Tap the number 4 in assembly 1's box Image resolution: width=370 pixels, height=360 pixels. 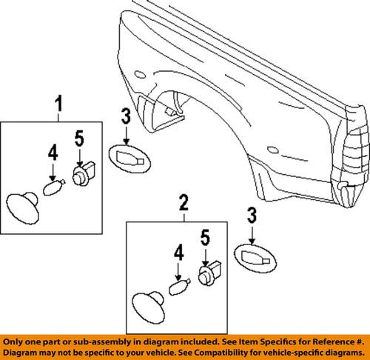53,154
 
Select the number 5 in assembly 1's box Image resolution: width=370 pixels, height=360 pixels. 78,137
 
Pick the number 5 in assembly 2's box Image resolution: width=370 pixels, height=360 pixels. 204,238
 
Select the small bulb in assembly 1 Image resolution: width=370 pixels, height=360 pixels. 52,188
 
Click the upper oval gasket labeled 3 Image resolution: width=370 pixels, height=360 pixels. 128,158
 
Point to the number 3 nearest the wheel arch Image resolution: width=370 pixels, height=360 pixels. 126,117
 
